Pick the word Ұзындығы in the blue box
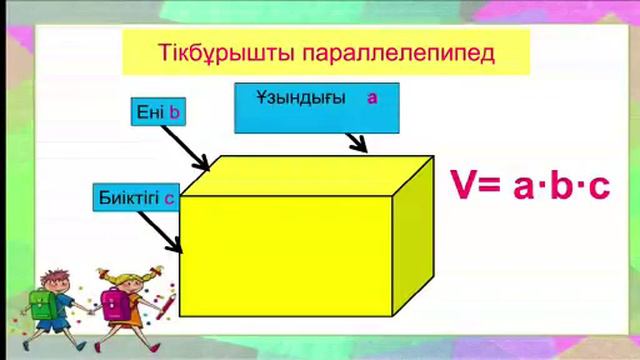click(x=301, y=98)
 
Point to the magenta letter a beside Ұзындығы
click(x=372, y=98)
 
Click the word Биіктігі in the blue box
click(x=129, y=196)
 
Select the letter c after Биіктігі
click(x=170, y=197)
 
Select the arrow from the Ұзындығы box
click(x=356, y=142)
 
